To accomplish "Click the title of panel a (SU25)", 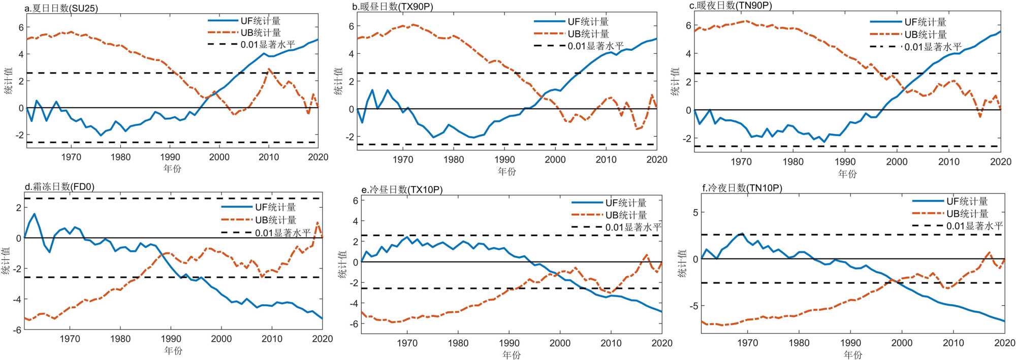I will pos(61,9).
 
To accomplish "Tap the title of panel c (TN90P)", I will pos(731,6).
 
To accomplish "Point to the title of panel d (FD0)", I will pos(59,187).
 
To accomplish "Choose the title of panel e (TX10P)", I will pos(402,190).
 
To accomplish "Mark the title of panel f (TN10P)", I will pos(742,188).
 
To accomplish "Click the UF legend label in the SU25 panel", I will pos(261,21).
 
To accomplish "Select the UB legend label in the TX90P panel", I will pos(588,34).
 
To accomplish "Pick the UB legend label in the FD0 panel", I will pos(275,220).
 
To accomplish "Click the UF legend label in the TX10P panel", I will pos(626,203).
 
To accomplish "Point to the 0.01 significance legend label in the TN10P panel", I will pos(974,226).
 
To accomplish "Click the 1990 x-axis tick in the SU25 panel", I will pos(170,157).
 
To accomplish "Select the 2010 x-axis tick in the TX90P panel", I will pos(606,159).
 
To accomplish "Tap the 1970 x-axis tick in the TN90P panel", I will pos(741,162).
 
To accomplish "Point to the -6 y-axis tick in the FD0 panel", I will pos(18,330).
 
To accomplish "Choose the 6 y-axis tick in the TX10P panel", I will pos(356,201).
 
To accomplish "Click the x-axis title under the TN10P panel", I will pos(853,354).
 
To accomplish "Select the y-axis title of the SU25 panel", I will pos(9,81).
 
